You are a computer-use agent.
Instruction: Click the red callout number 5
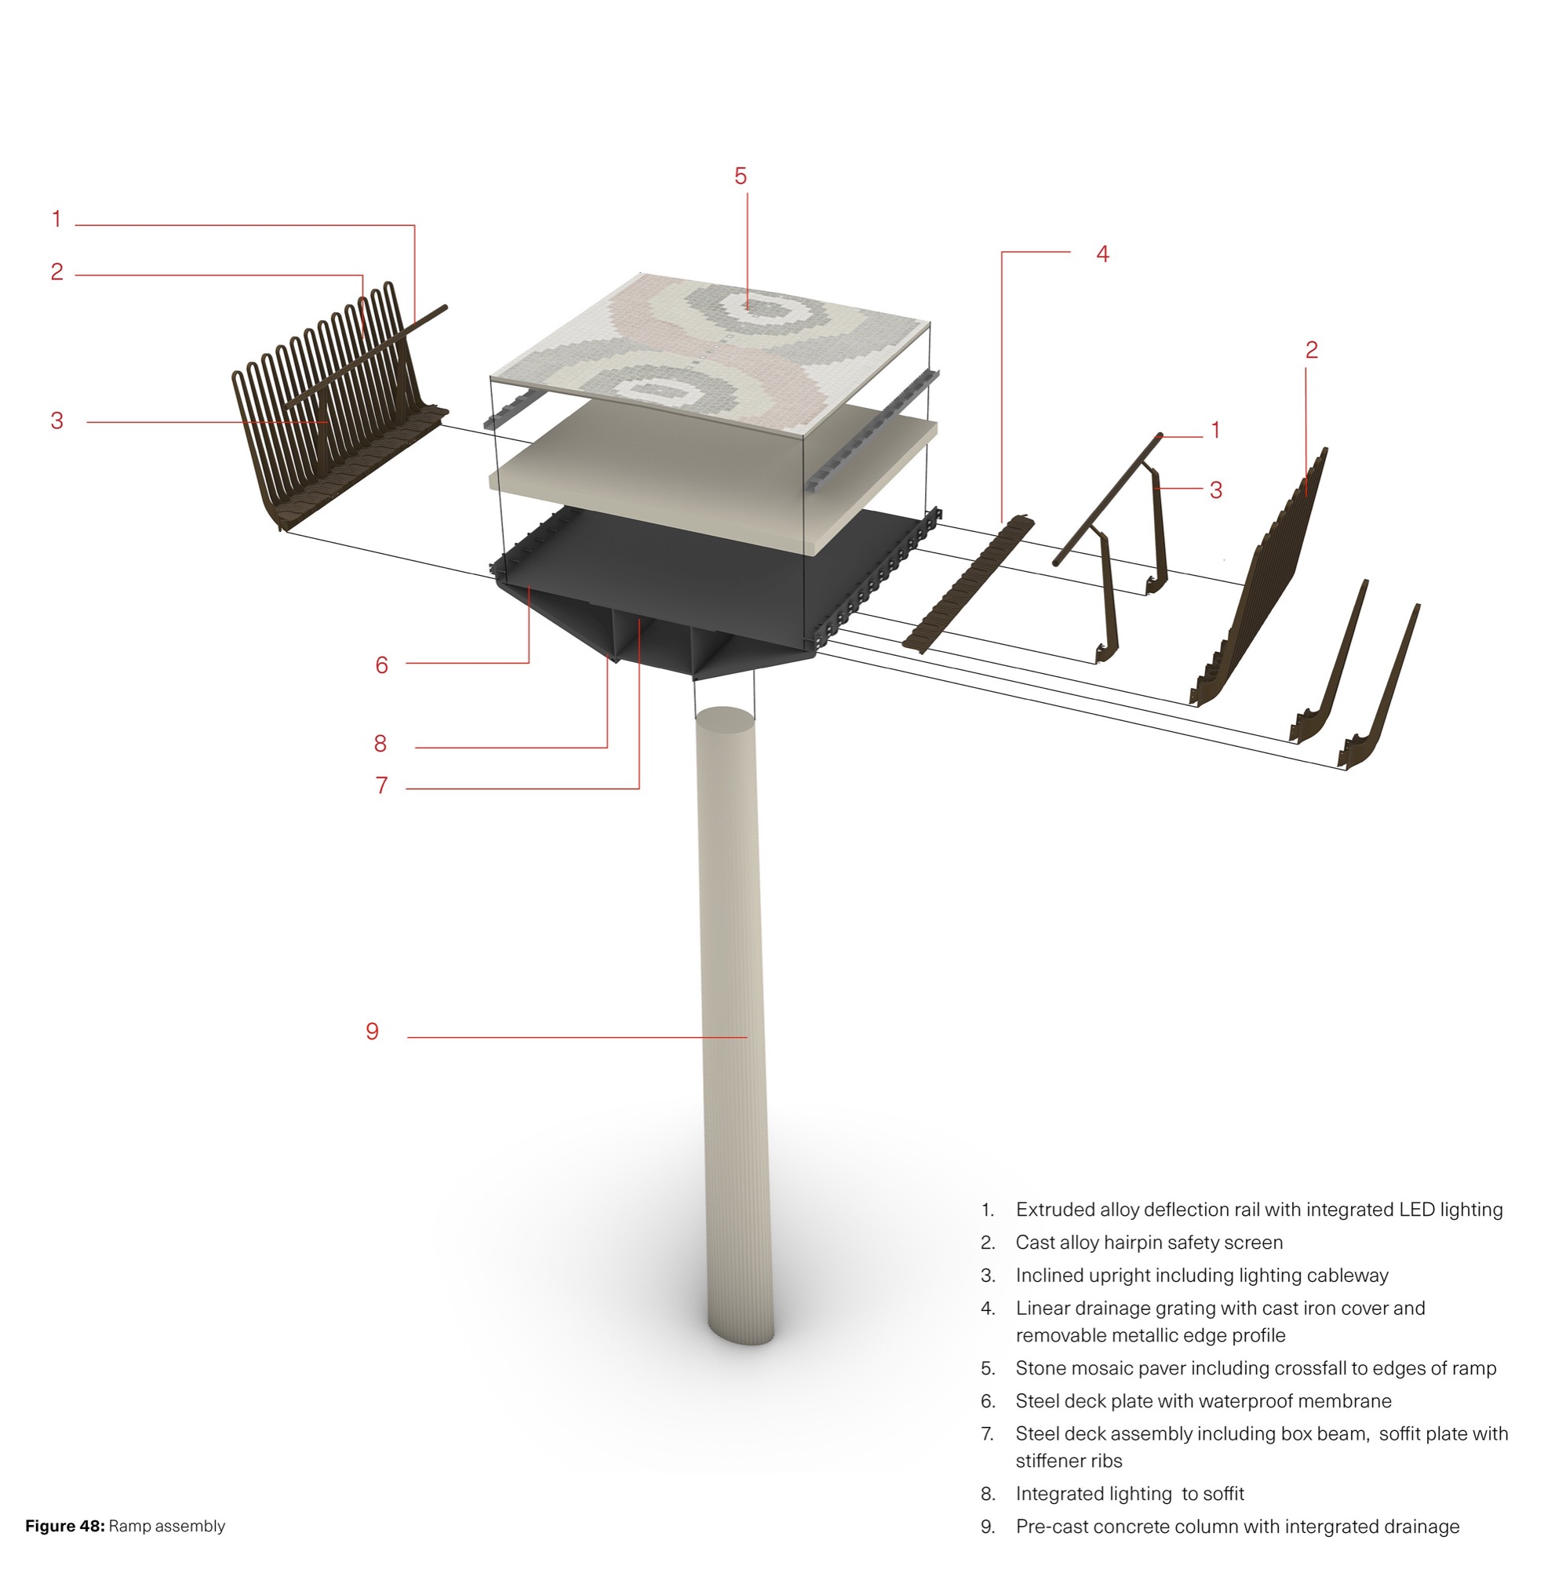tap(741, 176)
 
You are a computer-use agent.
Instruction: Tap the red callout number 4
tap(1102, 254)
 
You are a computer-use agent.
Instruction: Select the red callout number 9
tap(372, 1031)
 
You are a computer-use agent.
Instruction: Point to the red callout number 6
tap(382, 665)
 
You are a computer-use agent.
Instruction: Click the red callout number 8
tap(381, 743)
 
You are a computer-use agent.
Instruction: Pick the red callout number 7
tap(382, 785)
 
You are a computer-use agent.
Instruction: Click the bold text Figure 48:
tap(65, 1526)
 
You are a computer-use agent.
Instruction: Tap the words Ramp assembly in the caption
tap(167, 1526)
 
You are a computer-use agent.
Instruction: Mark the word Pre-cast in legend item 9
tap(1047, 1527)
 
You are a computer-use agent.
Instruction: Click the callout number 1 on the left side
tap(56, 219)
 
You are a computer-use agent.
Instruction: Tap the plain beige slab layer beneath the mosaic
tap(714, 479)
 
